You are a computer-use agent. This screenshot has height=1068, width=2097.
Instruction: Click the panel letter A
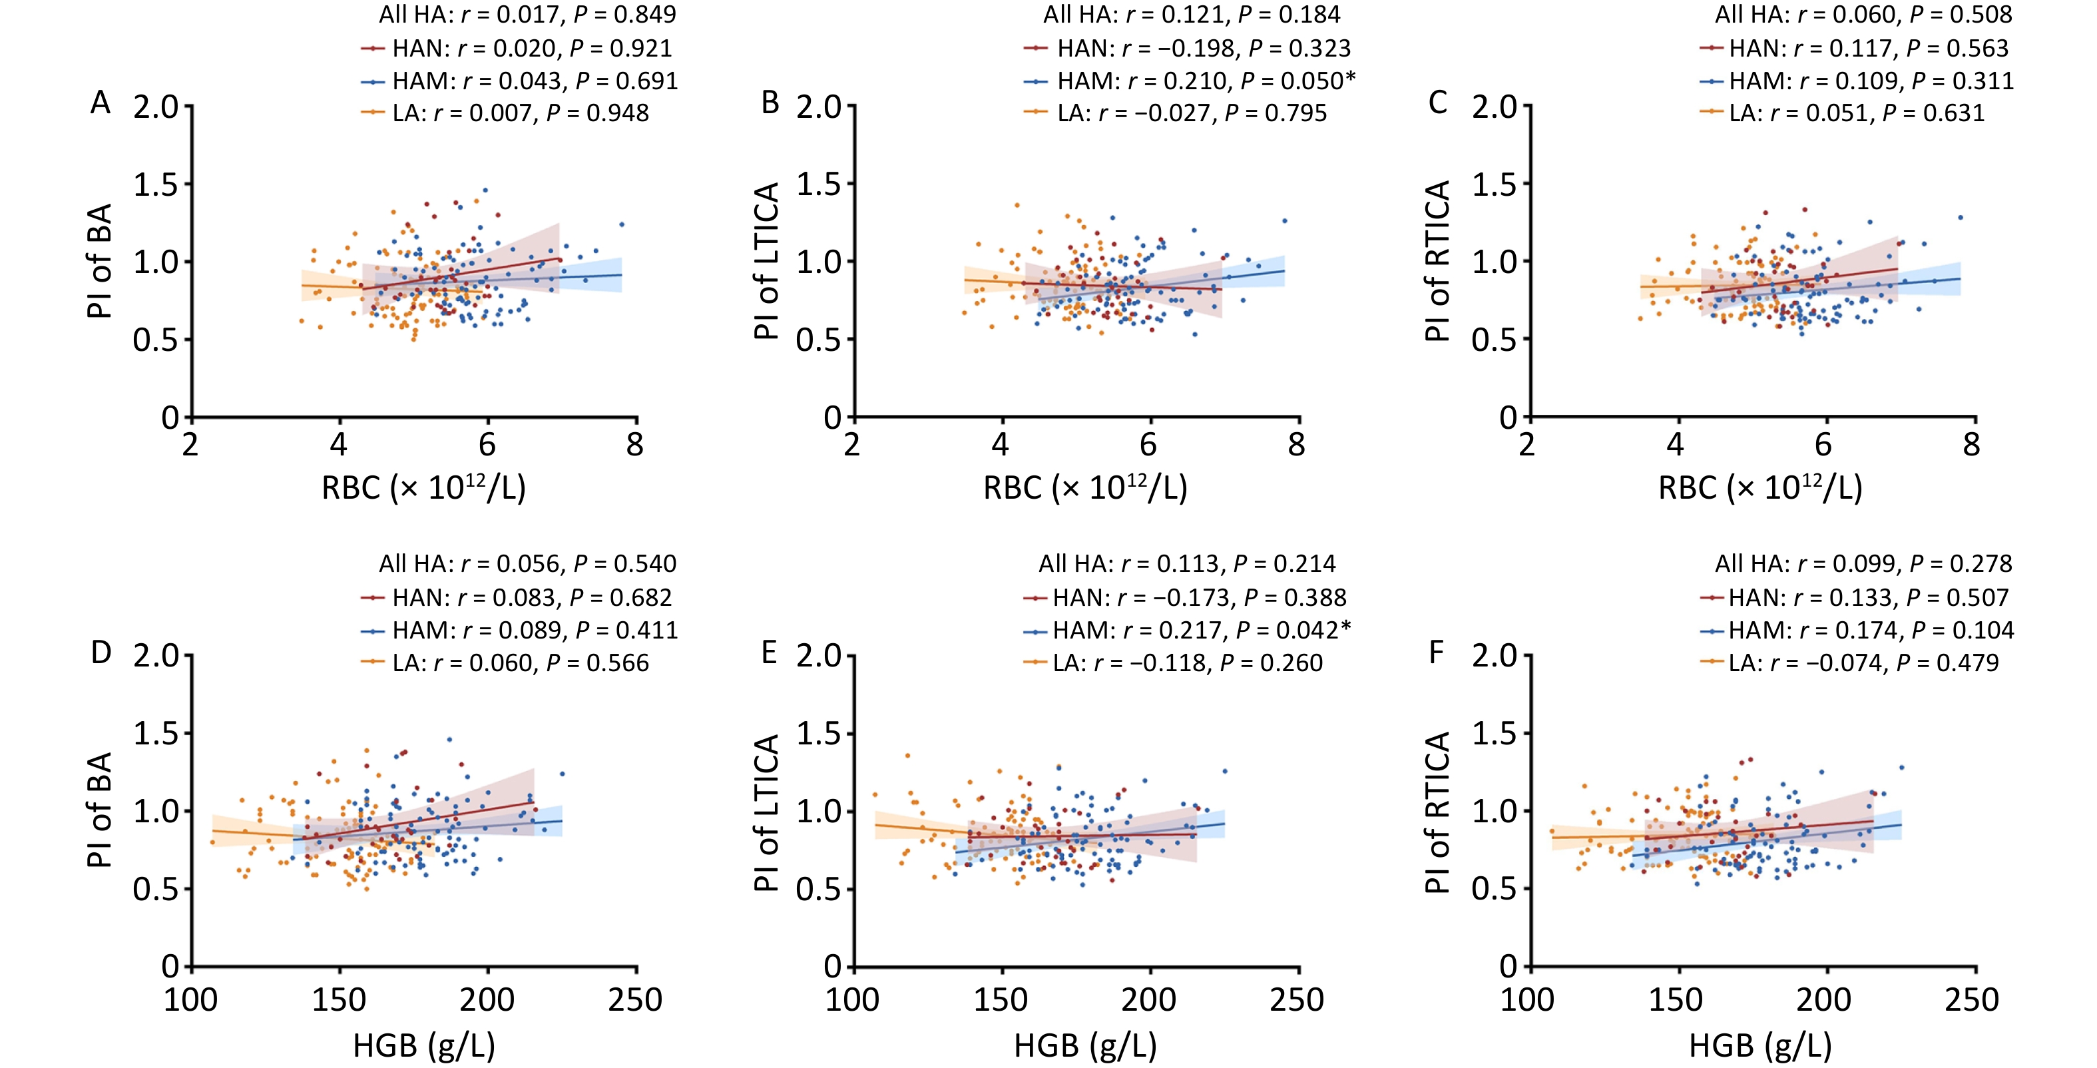click(100, 103)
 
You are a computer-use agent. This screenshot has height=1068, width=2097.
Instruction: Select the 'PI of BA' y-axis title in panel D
click(99, 810)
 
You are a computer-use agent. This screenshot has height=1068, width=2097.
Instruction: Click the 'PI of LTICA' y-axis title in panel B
click(767, 260)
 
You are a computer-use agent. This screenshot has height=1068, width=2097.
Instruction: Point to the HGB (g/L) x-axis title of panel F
click(1760, 1045)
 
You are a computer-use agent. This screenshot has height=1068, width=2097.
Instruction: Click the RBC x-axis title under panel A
click(423, 487)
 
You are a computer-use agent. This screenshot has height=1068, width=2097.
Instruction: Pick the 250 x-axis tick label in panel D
click(635, 999)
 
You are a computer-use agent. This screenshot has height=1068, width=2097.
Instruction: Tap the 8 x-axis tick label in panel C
click(1971, 445)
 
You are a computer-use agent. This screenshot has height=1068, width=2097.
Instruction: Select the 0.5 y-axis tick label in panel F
click(1494, 889)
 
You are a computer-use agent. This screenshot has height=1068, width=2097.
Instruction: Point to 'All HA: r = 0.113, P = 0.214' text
click(1187, 563)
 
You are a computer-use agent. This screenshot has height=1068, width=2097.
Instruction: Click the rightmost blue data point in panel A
click(621, 224)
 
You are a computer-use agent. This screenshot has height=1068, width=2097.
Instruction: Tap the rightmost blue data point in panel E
click(1224, 770)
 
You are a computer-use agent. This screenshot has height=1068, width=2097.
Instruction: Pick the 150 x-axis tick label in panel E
click(1001, 999)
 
